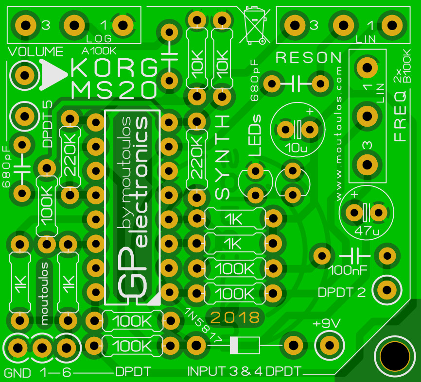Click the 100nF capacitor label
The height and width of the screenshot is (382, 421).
[x=348, y=268]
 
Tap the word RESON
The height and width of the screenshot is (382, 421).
[x=309, y=58]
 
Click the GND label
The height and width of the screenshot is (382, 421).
[x=18, y=373]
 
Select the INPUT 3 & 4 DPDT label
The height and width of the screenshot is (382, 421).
[x=245, y=372]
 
